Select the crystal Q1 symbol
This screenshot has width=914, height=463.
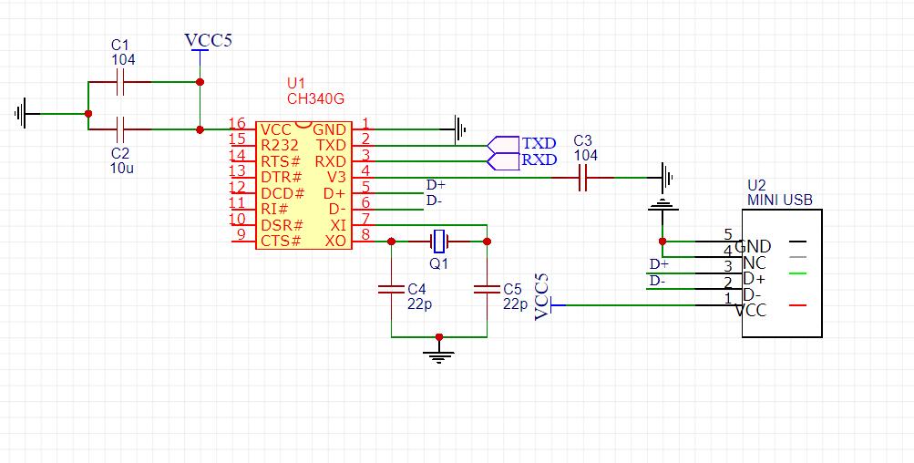pyautogui.click(x=439, y=242)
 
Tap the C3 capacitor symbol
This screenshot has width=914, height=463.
pyautogui.click(x=584, y=178)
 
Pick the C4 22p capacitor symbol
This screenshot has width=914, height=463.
pyautogui.click(x=391, y=289)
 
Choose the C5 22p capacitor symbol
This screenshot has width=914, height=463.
pyautogui.click(x=487, y=289)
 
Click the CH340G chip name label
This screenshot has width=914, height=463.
pyautogui.click(x=315, y=98)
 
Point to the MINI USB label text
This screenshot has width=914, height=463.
pyautogui.click(x=779, y=201)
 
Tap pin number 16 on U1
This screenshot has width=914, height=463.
pyautogui.click(x=237, y=124)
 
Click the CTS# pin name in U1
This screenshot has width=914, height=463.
pyautogui.click(x=281, y=242)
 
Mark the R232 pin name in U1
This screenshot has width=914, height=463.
pyautogui.click(x=279, y=145)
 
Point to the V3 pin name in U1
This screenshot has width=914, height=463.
pyautogui.click(x=335, y=177)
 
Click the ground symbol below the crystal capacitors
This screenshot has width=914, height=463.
pyautogui.click(x=439, y=352)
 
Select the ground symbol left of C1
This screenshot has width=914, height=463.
pyautogui.click(x=24, y=113)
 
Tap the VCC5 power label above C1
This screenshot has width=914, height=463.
pyautogui.click(x=207, y=41)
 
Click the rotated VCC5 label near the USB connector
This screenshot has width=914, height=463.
pyautogui.click(x=543, y=296)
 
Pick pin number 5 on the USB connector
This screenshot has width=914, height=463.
pyautogui.click(x=727, y=234)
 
